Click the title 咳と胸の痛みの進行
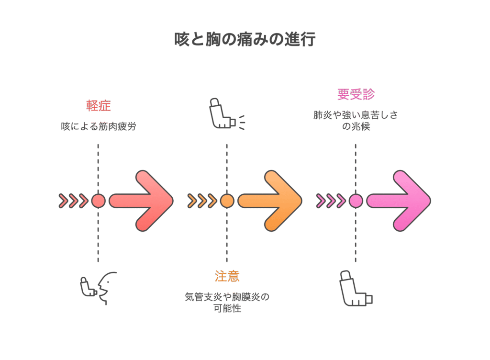pos(245,40)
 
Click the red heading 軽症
pos(99,106)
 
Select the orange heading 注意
pos(227,276)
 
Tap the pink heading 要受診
pos(356,94)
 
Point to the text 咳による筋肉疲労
pos(99,126)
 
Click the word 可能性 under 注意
pos(227,308)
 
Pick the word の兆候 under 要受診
pos(356,126)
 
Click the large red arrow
pos(141,201)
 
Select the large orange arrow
pos(270,201)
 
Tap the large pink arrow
pos(399,201)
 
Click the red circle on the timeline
pos(98,201)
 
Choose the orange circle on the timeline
pos(227,201)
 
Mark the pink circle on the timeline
pos(356,201)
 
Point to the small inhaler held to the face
pos(88,287)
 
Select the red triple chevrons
pos(73,201)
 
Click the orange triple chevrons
pos(202,201)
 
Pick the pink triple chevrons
pos(331,201)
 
